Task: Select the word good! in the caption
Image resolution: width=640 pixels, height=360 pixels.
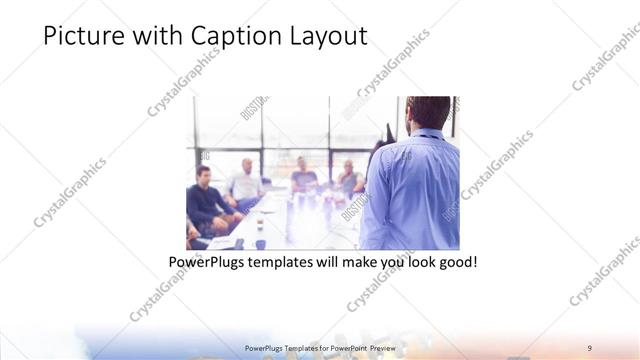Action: pos(457,264)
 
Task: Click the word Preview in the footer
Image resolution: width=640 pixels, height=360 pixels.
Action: pos(381,347)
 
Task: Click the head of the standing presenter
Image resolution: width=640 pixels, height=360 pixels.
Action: pos(429,113)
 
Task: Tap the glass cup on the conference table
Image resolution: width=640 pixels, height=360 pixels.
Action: pos(259,243)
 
